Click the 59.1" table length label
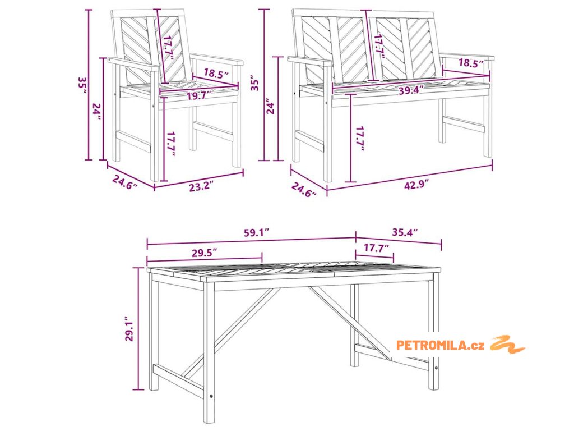(257, 232)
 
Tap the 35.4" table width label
(405, 232)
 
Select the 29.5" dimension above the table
(204, 253)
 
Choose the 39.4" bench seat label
(411, 90)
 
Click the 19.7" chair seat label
(199, 97)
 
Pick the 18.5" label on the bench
(471, 63)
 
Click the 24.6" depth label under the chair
(125, 182)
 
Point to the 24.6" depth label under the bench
(304, 190)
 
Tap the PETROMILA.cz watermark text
(441, 345)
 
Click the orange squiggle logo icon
(507, 345)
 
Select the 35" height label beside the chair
(82, 85)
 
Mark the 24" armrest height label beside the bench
(271, 106)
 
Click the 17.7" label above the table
(376, 248)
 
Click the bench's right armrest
(467, 58)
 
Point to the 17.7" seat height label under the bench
(360, 139)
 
